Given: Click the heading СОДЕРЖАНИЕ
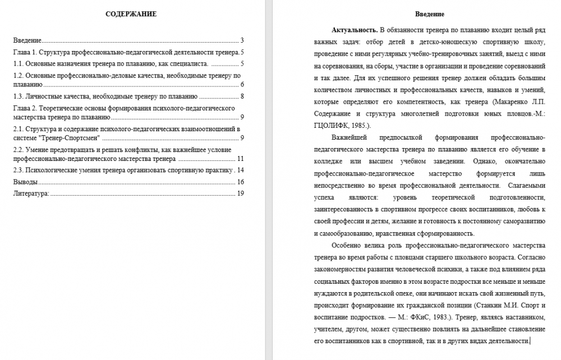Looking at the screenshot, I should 131,13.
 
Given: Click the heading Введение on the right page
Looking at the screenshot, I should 430,13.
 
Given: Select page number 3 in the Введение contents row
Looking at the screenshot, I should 242,40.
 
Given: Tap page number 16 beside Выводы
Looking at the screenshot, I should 241,182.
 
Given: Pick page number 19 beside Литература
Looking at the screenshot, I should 241,193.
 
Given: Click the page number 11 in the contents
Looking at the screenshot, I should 241,159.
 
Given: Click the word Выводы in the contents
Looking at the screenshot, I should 25,182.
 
